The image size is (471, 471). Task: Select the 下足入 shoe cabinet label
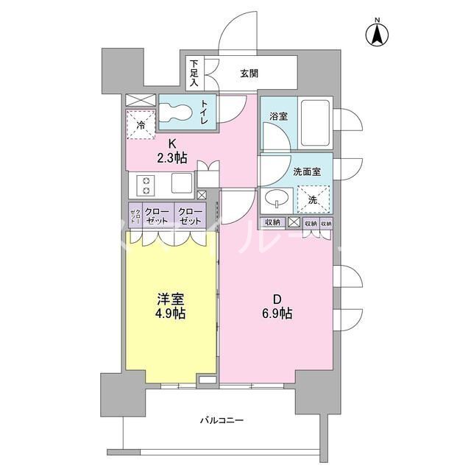point(194,74)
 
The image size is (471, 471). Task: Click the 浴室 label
point(277,116)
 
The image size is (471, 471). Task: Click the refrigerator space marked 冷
point(141,123)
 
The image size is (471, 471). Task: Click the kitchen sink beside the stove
point(181,183)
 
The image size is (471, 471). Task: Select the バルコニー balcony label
point(222,421)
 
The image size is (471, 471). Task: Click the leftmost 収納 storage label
point(272,223)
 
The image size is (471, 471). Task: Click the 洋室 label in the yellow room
point(171,300)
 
